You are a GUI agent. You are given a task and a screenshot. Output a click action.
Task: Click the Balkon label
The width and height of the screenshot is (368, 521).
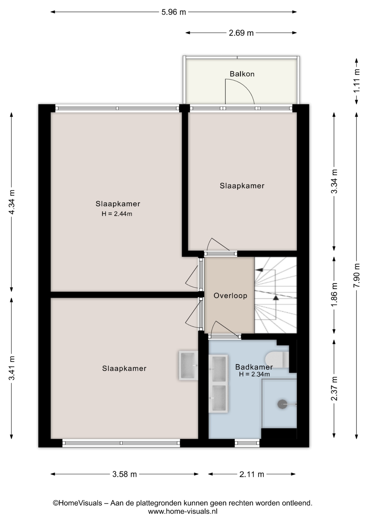(x=242, y=74)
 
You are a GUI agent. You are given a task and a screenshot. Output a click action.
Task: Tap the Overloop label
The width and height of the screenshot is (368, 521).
(x=230, y=296)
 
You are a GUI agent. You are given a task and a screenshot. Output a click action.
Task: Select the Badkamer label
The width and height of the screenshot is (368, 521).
(x=254, y=367)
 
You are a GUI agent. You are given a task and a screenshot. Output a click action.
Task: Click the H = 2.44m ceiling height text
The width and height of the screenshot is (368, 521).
(x=117, y=214)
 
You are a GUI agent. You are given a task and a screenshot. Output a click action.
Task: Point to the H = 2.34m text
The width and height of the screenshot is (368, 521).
(x=254, y=374)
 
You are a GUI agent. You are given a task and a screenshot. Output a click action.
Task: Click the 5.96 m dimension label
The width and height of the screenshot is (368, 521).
(x=174, y=12)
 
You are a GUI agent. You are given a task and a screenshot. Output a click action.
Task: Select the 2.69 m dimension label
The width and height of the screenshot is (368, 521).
(x=241, y=33)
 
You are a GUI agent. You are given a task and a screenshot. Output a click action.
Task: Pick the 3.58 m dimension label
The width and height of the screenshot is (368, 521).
(x=125, y=474)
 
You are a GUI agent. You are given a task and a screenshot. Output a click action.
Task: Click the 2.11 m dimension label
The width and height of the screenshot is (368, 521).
(x=252, y=474)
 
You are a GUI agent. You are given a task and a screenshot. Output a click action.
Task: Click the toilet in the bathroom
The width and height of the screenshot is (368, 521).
(x=277, y=359)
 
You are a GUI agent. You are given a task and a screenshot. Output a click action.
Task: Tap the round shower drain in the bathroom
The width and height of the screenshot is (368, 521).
(x=282, y=404)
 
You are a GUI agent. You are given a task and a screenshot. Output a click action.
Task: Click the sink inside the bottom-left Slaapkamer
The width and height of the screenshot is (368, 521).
(x=188, y=365)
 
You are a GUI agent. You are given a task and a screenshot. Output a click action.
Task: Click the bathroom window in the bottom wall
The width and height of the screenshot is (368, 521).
(x=247, y=443)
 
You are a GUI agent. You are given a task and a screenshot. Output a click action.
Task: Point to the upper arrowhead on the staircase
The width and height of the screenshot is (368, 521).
(x=260, y=270)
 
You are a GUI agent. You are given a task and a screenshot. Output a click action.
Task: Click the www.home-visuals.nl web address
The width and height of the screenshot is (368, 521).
(x=183, y=512)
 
